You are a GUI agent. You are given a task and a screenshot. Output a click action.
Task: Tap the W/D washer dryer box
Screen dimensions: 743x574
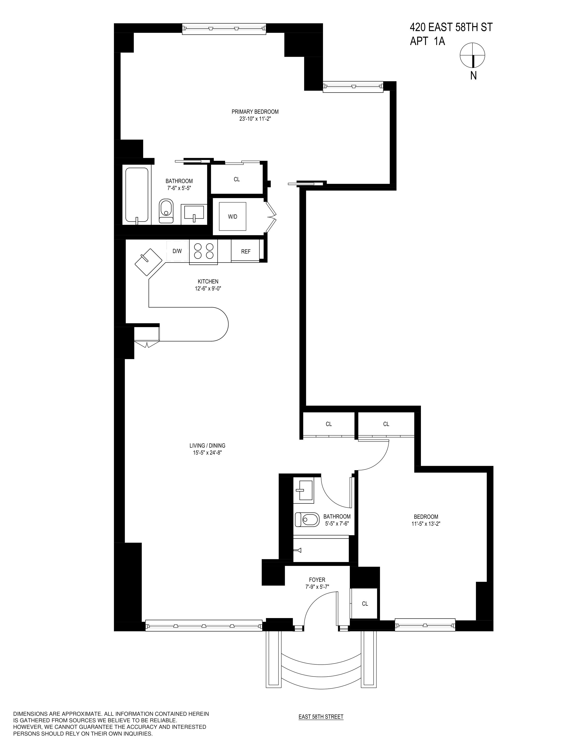(x=233, y=216)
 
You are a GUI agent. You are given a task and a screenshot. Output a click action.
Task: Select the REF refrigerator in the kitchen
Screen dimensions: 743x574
(x=246, y=251)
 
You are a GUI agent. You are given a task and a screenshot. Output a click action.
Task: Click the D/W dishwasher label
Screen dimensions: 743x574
(x=177, y=251)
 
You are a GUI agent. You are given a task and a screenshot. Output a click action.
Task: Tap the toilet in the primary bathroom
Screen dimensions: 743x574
(x=166, y=211)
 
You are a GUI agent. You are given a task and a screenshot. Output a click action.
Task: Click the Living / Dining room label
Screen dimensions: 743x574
(x=208, y=445)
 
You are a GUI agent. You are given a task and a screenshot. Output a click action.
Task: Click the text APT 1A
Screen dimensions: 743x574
(x=427, y=41)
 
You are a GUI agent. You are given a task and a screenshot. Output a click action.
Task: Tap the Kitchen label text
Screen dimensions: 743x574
(x=208, y=281)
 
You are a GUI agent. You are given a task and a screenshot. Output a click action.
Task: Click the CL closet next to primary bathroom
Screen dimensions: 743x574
(x=237, y=179)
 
